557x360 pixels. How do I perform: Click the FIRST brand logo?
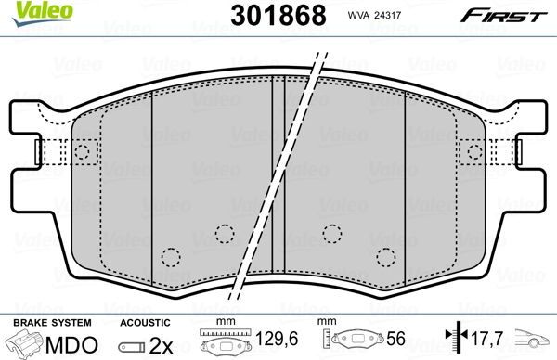click(x=514, y=16)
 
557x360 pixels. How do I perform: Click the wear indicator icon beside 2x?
click(x=135, y=345)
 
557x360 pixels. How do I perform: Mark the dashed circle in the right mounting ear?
click(x=475, y=151)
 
